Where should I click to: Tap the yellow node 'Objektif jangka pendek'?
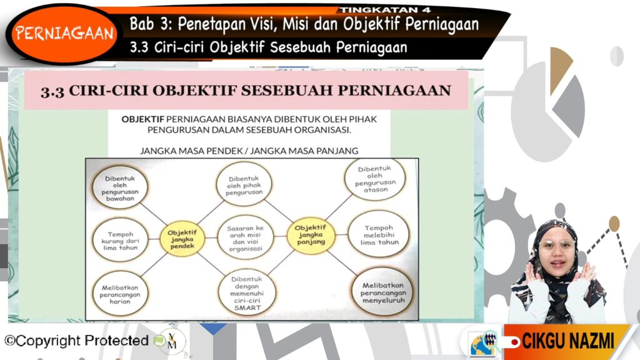coord(182,239)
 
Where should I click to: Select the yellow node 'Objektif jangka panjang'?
coord(311,235)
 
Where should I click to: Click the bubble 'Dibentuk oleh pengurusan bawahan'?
coord(120,188)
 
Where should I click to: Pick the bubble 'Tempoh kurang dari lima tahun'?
coord(120,241)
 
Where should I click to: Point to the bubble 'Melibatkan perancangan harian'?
coord(120,294)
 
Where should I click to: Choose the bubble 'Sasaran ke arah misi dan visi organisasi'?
coord(245,238)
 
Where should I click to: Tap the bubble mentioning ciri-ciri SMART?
coord(247,293)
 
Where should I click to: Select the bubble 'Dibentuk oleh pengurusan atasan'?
coord(375,179)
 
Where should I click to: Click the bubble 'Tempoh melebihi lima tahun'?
coord(379,235)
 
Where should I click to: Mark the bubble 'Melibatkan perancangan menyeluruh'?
coord(383,292)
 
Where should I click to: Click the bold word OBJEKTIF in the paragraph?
coord(143,119)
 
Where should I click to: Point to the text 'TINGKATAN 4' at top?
coord(385,10)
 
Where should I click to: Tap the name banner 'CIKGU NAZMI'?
coord(567,341)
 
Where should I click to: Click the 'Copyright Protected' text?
coord(76,341)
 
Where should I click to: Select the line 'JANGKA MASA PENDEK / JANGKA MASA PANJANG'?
coord(249,151)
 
